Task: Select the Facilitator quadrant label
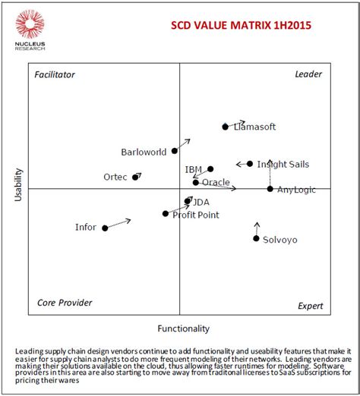(x=55, y=74)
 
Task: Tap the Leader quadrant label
(x=308, y=74)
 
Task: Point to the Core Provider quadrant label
(x=65, y=303)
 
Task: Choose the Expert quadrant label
(x=309, y=306)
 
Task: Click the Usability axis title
(x=19, y=185)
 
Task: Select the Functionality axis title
(x=182, y=329)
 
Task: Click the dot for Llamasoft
(x=225, y=127)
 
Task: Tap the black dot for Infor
(x=105, y=228)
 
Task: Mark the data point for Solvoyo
(x=256, y=239)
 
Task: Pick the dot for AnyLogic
(x=270, y=188)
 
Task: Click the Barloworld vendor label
(x=144, y=152)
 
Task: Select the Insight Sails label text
(x=283, y=164)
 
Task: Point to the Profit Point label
(x=196, y=215)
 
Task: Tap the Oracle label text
(x=216, y=182)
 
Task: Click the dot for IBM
(x=210, y=169)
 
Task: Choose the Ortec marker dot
(x=136, y=177)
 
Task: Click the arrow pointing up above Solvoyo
(x=257, y=227)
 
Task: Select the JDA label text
(x=201, y=203)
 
